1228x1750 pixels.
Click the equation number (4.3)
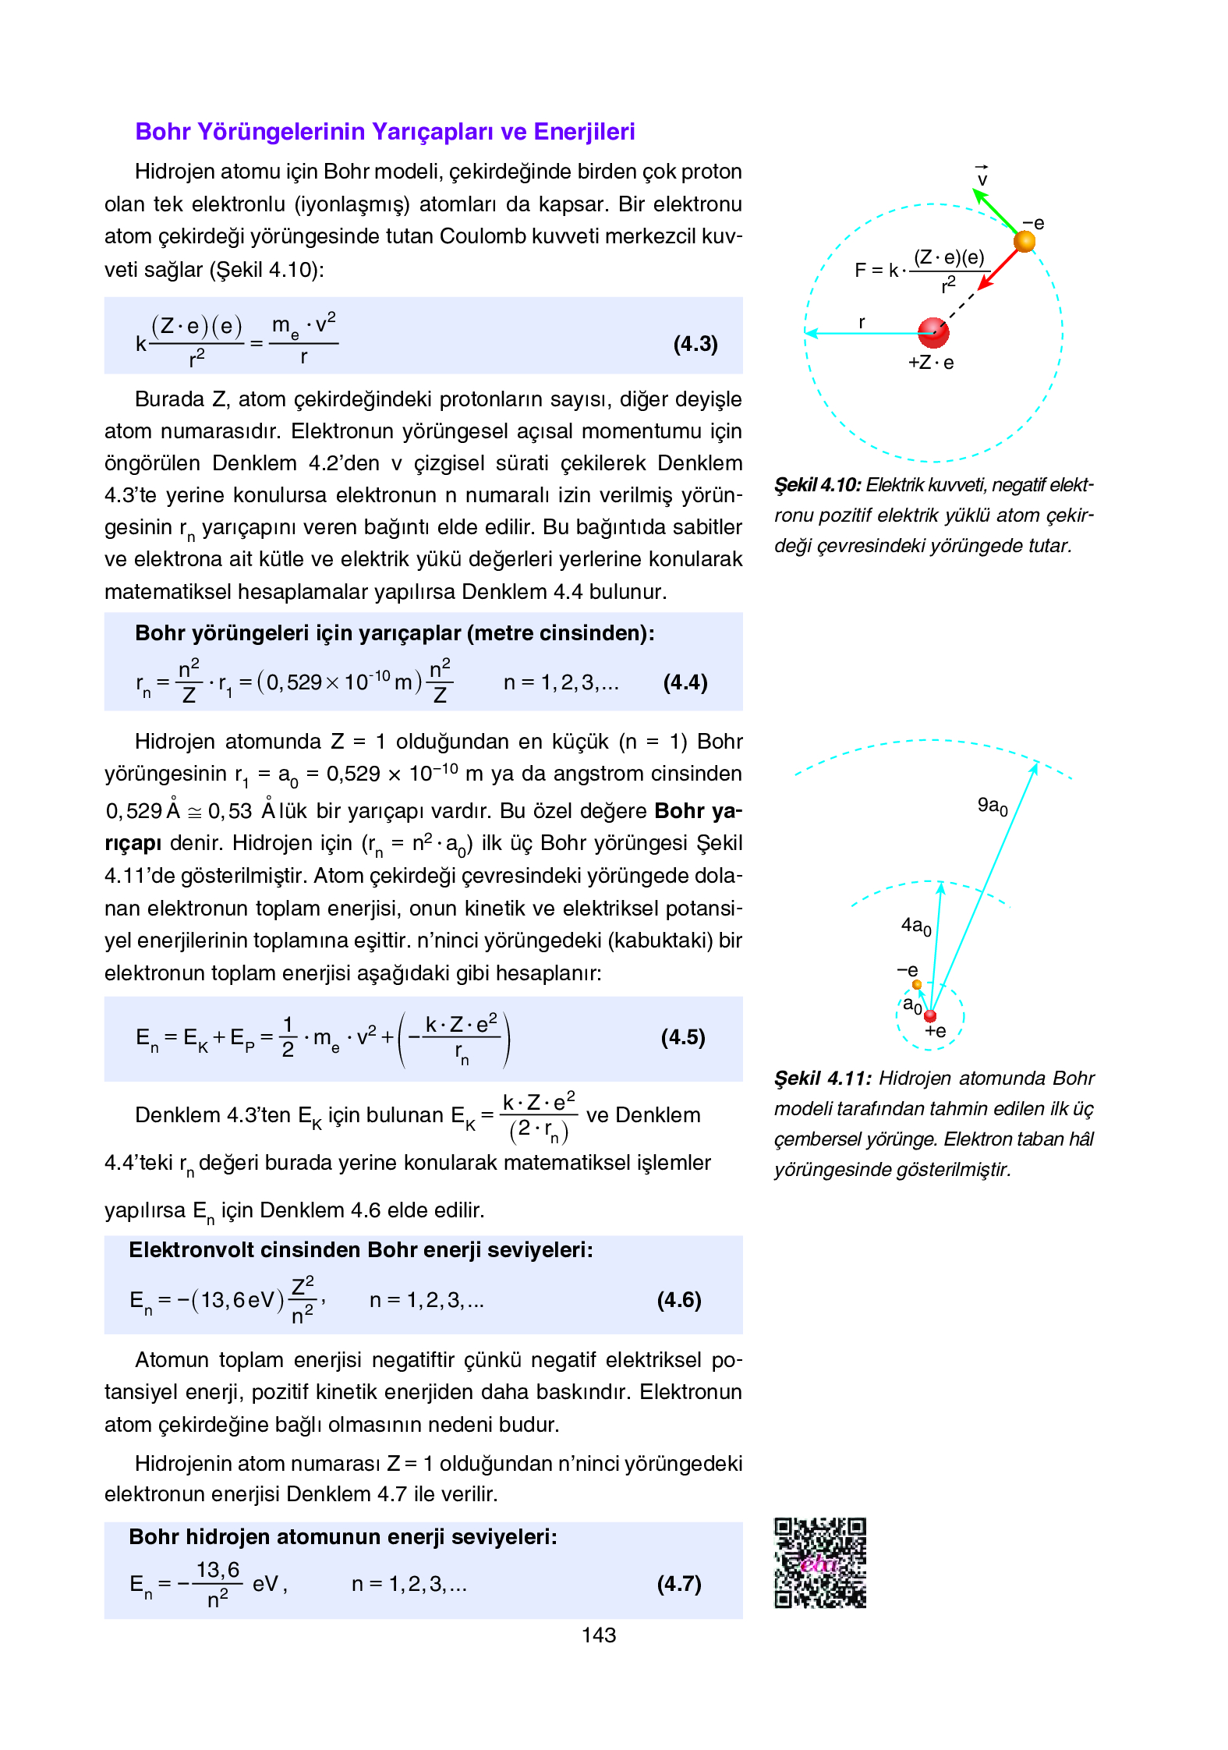click(695, 344)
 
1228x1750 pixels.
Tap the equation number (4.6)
click(679, 1299)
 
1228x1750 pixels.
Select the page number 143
click(598, 1635)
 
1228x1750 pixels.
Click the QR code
click(819, 1562)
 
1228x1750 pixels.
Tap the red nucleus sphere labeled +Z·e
click(933, 332)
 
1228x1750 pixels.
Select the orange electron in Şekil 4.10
click(1024, 241)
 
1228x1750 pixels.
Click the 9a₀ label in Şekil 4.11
click(992, 806)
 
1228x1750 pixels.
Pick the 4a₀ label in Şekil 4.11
click(915, 926)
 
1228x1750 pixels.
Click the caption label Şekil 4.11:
click(822, 1079)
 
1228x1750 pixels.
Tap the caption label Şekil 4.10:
click(817, 485)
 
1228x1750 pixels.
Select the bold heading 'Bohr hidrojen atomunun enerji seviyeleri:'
click(343, 1536)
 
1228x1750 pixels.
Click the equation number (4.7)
click(679, 1583)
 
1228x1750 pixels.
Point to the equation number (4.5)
click(683, 1037)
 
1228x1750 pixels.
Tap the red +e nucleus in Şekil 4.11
click(929, 1015)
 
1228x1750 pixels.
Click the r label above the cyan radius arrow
click(862, 322)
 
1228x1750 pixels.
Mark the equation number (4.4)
click(685, 682)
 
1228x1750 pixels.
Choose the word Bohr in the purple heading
click(163, 132)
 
